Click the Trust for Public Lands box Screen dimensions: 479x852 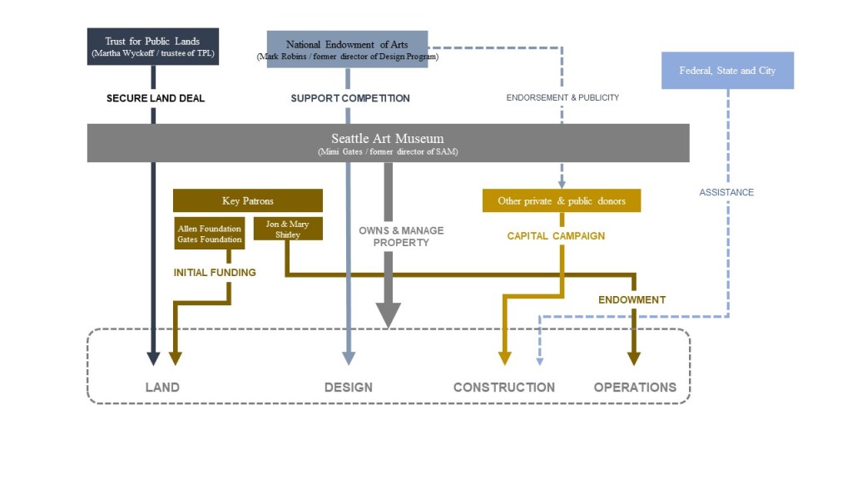153,47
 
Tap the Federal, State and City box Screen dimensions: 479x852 727,71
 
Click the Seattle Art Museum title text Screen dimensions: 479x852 388,139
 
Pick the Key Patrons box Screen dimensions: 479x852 247,200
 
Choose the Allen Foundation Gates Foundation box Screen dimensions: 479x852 210,234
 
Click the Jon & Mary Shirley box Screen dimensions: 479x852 287,229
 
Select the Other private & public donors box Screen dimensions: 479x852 562,200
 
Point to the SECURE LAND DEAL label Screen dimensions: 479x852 156,98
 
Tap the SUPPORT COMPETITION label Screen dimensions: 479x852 350,98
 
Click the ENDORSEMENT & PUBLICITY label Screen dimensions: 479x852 562,98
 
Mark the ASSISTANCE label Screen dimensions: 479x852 726,192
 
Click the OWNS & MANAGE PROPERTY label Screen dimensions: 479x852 401,236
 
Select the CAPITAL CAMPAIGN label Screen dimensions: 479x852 556,236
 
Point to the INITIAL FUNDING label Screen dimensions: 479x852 215,273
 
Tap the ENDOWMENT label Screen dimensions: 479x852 632,299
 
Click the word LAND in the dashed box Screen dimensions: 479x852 162,387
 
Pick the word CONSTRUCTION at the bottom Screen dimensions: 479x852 503,387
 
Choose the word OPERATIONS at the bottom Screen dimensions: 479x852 635,387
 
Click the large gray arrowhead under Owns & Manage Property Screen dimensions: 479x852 389,314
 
